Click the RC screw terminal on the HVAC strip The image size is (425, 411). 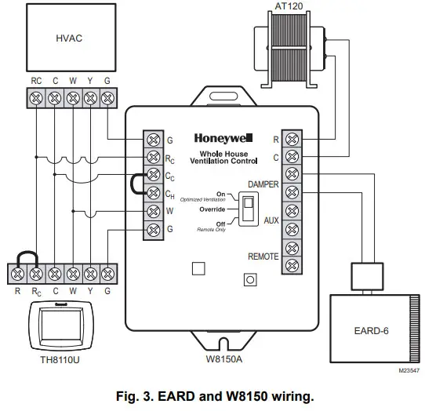click(36, 98)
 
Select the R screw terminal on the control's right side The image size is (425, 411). click(292, 139)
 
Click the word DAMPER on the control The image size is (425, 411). click(263, 183)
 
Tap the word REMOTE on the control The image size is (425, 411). click(263, 256)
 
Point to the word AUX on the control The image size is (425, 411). click(271, 221)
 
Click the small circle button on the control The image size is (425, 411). click(250, 278)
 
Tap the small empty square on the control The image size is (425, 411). click(198, 267)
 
